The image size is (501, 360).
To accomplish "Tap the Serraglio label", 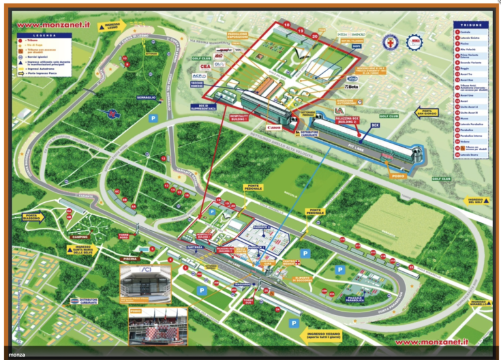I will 146,98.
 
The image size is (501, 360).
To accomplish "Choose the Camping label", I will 80,237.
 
